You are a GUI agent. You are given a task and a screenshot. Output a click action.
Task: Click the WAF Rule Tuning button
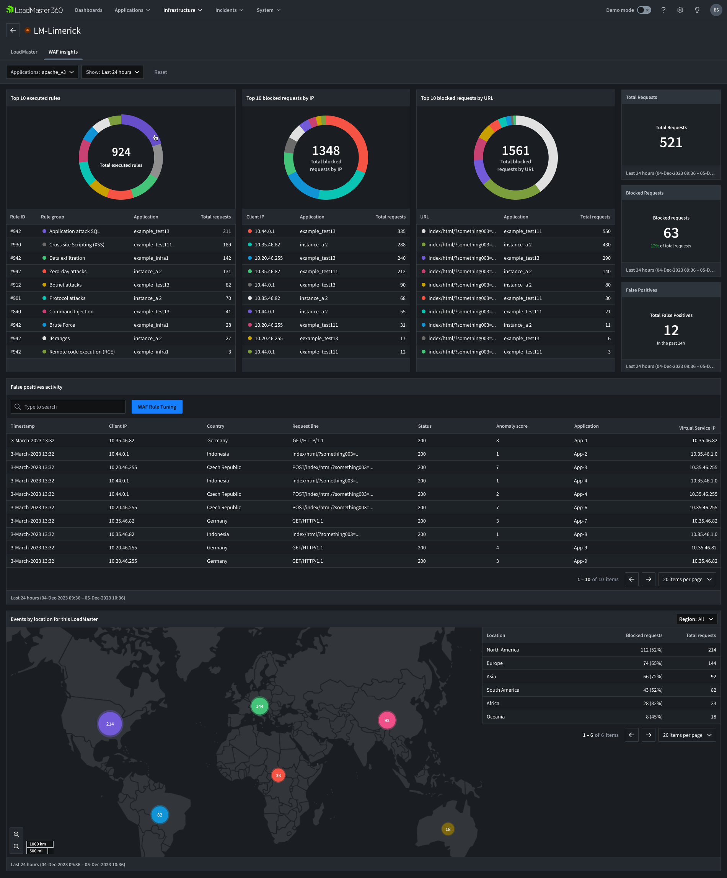[157, 407]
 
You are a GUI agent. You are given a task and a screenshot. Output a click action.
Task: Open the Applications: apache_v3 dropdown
[42, 72]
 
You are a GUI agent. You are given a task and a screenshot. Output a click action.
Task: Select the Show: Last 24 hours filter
[112, 72]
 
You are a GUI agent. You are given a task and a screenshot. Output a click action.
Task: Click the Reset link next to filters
[161, 72]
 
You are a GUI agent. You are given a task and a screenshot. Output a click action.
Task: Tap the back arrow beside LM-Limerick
[13, 31]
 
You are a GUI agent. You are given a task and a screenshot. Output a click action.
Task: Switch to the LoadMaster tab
[24, 52]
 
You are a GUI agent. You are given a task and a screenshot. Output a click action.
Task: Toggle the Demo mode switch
[644, 10]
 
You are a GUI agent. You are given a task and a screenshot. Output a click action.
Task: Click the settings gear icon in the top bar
[680, 10]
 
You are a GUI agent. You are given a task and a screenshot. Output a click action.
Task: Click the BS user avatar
[716, 10]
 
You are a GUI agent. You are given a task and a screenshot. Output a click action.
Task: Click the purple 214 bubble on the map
[110, 724]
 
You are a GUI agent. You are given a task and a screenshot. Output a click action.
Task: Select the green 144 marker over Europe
[259, 706]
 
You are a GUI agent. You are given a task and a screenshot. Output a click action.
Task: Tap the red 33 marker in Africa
[279, 775]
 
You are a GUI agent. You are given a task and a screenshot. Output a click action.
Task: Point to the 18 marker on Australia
[448, 829]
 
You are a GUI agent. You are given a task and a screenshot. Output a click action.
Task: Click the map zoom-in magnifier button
[16, 834]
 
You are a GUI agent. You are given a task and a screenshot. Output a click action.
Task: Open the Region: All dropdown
[696, 619]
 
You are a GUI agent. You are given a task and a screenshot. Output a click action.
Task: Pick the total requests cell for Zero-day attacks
[227, 271]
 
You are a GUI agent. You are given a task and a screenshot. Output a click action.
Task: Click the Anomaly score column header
[512, 426]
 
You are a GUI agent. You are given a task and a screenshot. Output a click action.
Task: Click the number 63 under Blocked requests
[671, 233]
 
